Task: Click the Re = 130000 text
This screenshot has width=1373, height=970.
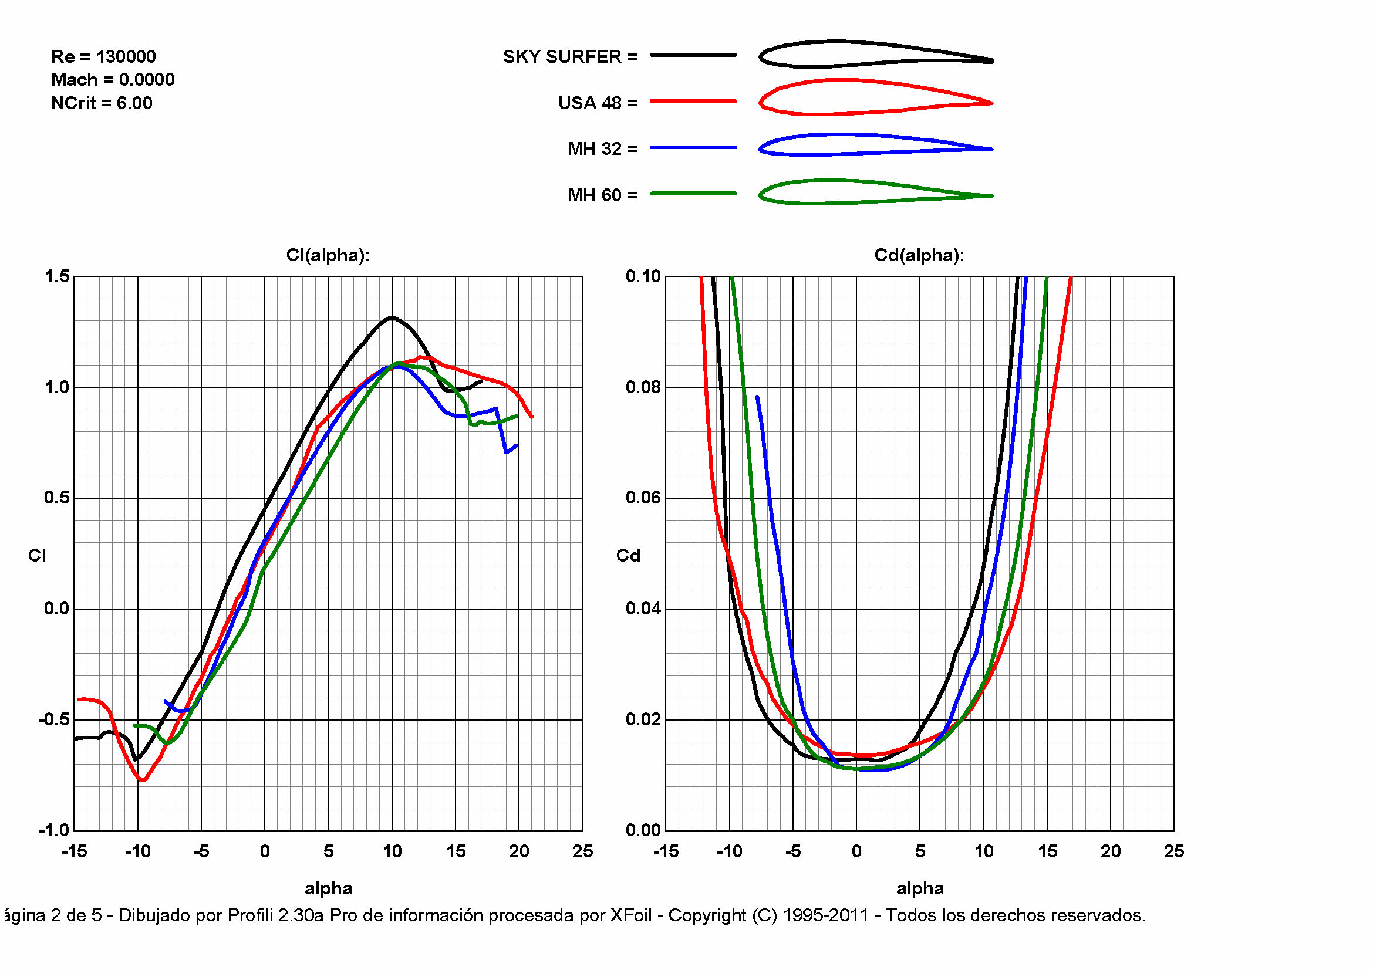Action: [x=103, y=57]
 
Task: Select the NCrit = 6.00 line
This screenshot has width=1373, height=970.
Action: [x=102, y=103]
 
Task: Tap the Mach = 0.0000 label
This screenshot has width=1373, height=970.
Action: [x=113, y=80]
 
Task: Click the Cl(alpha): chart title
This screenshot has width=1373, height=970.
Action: [x=328, y=256]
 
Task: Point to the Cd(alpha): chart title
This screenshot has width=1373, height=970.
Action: [x=919, y=256]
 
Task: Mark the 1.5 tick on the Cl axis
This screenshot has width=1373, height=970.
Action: [x=58, y=276]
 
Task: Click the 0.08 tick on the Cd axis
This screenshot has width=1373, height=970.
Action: [x=643, y=387]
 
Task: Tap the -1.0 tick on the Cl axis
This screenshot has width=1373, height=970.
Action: [x=55, y=830]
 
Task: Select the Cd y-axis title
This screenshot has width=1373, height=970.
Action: [x=628, y=556]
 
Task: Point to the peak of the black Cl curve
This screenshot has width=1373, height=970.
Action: [x=392, y=317]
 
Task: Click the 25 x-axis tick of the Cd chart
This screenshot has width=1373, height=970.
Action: [x=1174, y=851]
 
